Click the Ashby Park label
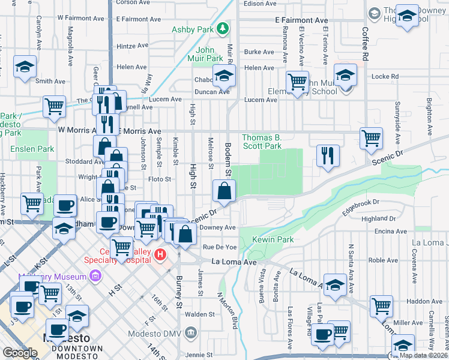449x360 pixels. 192,29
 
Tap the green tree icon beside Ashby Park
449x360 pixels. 223,28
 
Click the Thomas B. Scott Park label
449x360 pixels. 262,142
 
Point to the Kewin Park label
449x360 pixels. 273,239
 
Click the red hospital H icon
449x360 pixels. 160,255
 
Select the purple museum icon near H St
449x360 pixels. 94,276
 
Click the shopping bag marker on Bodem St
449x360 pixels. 223,192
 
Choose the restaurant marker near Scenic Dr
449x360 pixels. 328,155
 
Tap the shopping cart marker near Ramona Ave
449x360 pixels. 297,82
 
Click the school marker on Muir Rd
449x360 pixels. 224,76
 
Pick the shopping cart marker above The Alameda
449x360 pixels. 54,106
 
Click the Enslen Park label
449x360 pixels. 32,149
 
